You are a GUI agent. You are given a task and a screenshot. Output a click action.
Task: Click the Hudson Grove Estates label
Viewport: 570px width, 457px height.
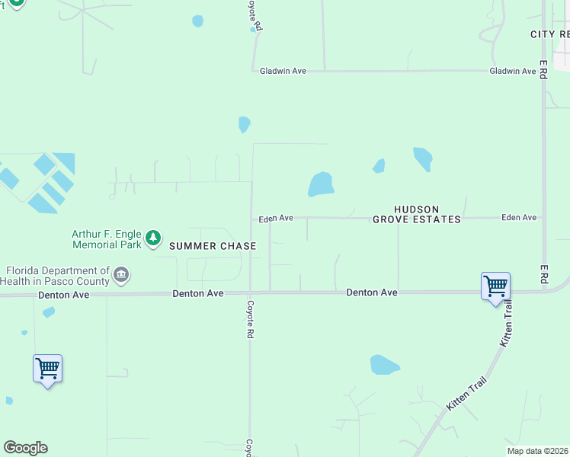coord(416,214)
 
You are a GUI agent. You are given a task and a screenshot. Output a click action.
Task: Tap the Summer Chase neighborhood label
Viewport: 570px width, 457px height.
coord(213,246)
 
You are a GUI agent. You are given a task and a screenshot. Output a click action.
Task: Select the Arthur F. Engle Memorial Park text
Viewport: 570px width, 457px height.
coord(107,239)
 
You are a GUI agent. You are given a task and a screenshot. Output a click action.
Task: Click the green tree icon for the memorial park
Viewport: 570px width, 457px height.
coord(153,238)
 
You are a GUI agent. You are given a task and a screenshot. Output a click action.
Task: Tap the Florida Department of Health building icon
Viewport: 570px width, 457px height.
coord(120,274)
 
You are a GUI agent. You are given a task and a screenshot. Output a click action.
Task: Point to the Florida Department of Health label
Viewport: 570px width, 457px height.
coord(56,276)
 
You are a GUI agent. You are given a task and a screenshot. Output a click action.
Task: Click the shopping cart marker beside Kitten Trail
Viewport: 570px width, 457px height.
coord(495,287)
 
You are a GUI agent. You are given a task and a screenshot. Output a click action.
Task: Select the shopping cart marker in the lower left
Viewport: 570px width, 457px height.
coord(47,369)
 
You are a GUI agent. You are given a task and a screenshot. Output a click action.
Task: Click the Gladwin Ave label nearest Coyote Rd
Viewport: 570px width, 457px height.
coord(283,71)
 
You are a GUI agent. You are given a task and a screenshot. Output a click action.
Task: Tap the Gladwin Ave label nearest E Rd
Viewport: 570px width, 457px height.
coord(513,71)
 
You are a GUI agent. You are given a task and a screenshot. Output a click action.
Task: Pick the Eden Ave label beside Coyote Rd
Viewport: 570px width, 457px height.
coord(276,218)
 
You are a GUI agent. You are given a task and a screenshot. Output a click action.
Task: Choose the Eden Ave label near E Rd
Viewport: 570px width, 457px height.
coord(519,217)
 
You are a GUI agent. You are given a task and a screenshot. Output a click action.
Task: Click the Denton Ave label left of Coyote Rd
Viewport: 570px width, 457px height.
coord(198,293)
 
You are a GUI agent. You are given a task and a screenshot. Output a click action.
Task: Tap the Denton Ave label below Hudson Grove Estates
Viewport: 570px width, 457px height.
coord(372,292)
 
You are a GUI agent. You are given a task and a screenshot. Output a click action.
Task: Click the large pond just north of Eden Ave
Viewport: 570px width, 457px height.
coord(321,184)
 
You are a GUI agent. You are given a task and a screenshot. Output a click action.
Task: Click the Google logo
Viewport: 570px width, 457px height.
coord(25,447)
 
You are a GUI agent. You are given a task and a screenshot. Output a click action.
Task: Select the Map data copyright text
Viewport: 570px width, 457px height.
coord(537,451)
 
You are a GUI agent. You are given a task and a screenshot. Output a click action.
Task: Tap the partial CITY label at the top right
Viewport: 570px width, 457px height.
coord(549,34)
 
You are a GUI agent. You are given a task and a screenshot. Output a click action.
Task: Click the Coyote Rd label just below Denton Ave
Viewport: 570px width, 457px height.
coord(249,319)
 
